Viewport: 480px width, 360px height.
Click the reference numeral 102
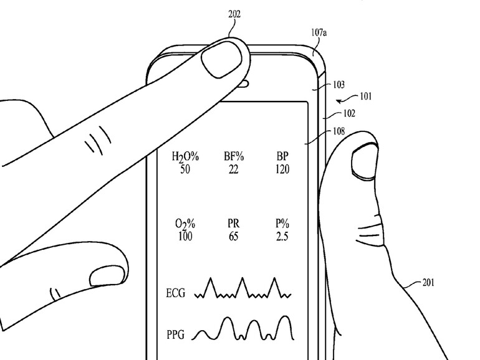coord(350,113)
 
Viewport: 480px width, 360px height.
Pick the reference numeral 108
coord(338,131)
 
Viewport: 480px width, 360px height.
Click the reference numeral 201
coord(428,283)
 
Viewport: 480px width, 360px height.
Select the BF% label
coord(234,157)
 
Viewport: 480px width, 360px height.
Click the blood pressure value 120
coord(281,169)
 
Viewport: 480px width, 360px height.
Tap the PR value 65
coord(234,237)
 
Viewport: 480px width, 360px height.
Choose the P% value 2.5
coord(282,237)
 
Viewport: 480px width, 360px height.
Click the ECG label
coord(175,293)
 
